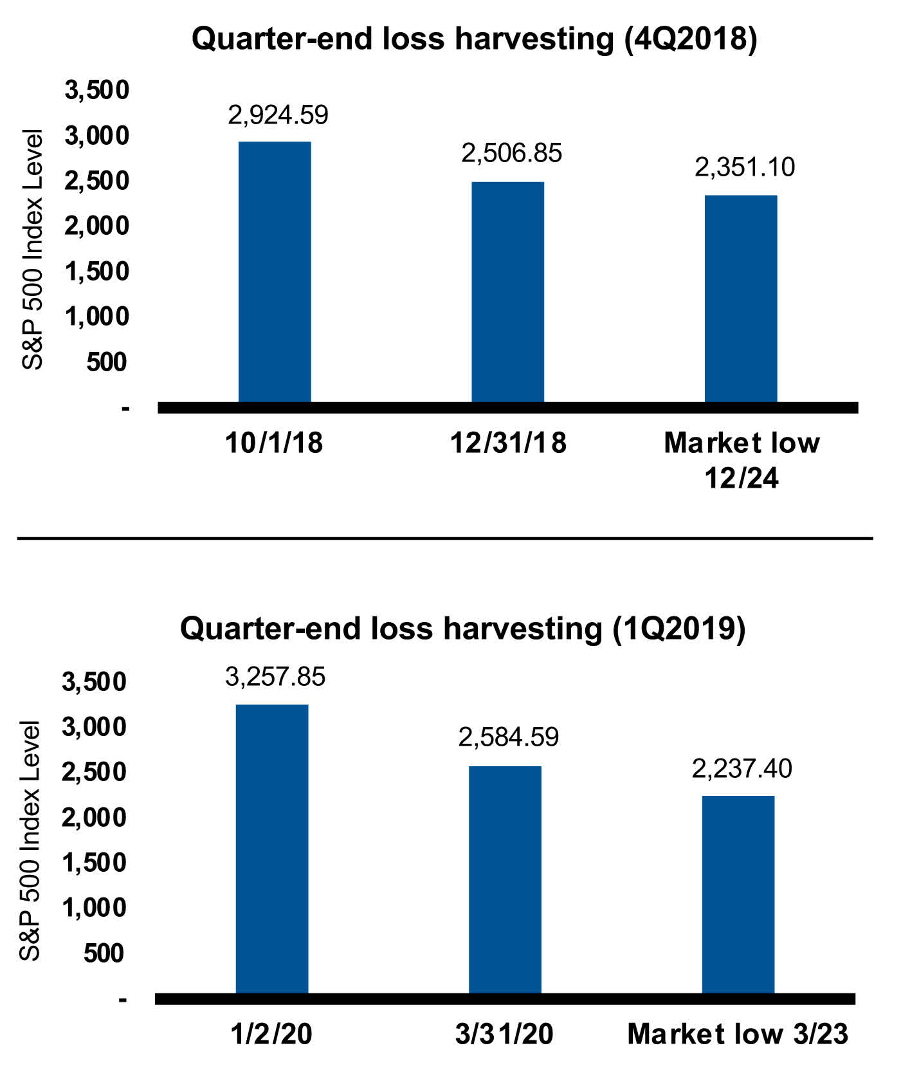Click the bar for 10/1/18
tap(275, 272)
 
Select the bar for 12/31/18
tap(507, 292)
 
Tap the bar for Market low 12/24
tap(741, 299)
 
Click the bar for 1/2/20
tap(272, 849)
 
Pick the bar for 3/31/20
tap(505, 879)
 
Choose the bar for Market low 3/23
tap(738, 894)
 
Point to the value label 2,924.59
tap(278, 115)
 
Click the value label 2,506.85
tap(511, 153)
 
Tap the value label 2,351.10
tap(745, 167)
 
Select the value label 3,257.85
tap(275, 677)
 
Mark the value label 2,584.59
tap(508, 737)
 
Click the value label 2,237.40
tap(742, 768)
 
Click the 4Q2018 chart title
tap(474, 39)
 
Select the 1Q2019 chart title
tap(462, 628)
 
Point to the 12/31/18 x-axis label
tap(508, 443)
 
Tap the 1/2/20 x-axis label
tap(271, 1034)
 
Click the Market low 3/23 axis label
tap(738, 1034)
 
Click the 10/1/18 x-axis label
tap(274, 443)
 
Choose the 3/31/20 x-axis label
tap(504, 1034)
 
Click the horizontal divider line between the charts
tap(444, 538)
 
